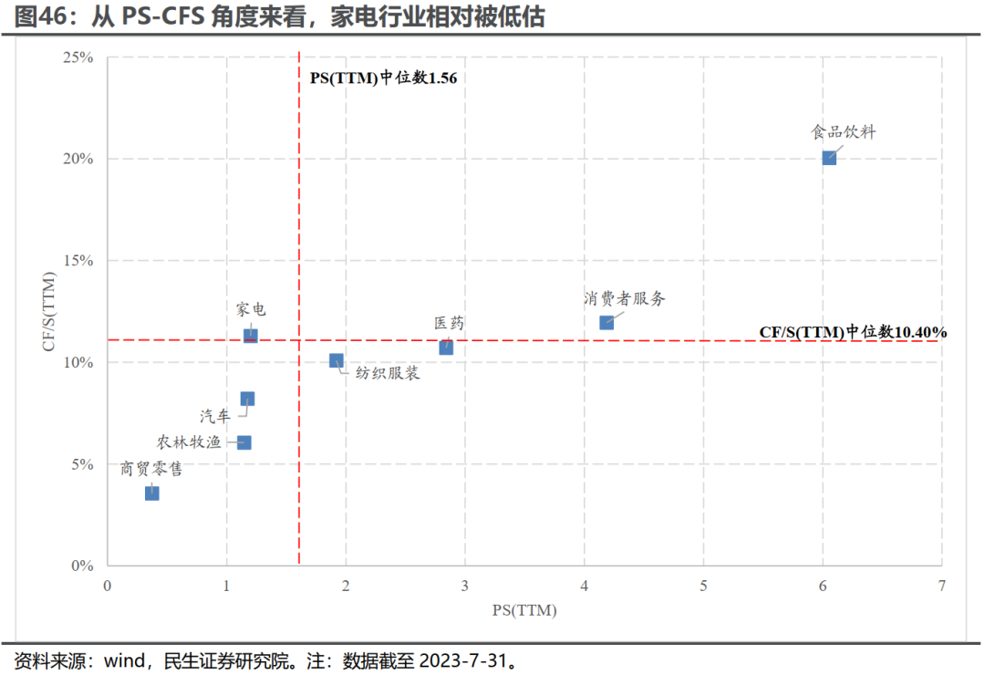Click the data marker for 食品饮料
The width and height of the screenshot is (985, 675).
tap(829, 158)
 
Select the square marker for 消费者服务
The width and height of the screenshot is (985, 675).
tap(607, 322)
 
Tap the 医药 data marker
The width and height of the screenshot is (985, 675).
tap(446, 348)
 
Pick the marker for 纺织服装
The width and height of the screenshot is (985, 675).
tap(337, 360)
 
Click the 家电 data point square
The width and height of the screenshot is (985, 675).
tap(251, 336)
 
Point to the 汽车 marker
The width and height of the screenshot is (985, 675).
tap(247, 399)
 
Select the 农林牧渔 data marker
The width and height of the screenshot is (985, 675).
tap(244, 442)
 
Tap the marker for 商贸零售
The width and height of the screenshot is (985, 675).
tap(152, 493)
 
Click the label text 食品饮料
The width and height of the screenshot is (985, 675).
tap(844, 131)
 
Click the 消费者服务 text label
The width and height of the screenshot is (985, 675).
tap(625, 298)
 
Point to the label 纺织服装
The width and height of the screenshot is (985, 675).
tap(388, 373)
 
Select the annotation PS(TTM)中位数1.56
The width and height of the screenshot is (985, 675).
tap(383, 78)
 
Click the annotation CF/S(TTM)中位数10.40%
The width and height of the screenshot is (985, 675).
tap(853, 332)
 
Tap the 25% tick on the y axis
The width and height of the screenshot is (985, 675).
tap(78, 57)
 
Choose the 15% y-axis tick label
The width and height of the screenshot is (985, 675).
tap(78, 261)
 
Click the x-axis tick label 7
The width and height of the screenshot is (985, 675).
tap(941, 586)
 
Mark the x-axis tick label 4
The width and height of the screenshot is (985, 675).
tap(585, 586)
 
